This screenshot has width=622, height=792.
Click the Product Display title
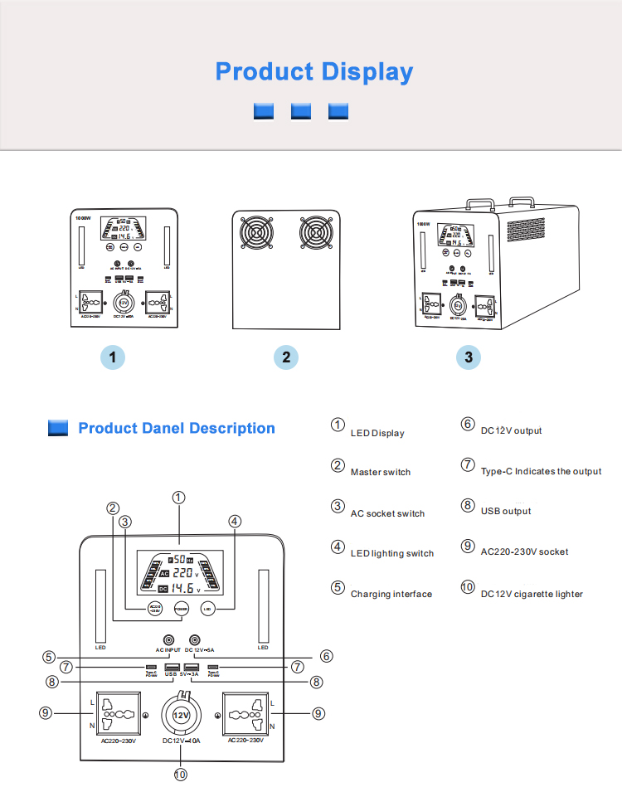[313, 71]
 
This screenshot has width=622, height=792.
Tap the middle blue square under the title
[301, 111]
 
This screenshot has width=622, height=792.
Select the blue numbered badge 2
[286, 357]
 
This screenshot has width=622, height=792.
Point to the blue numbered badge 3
[469, 357]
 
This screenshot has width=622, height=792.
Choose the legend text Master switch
[380, 473]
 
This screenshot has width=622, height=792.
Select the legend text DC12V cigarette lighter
[532, 595]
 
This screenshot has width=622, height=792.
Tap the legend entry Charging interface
[391, 595]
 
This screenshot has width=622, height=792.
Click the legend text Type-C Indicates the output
[541, 472]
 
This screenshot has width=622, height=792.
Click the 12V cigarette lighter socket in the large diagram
[182, 714]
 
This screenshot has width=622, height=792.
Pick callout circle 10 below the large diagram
[180, 775]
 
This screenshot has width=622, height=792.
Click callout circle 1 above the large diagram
[178, 498]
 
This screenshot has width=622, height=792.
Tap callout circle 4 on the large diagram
[235, 522]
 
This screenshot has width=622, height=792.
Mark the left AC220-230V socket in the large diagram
[118, 714]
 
